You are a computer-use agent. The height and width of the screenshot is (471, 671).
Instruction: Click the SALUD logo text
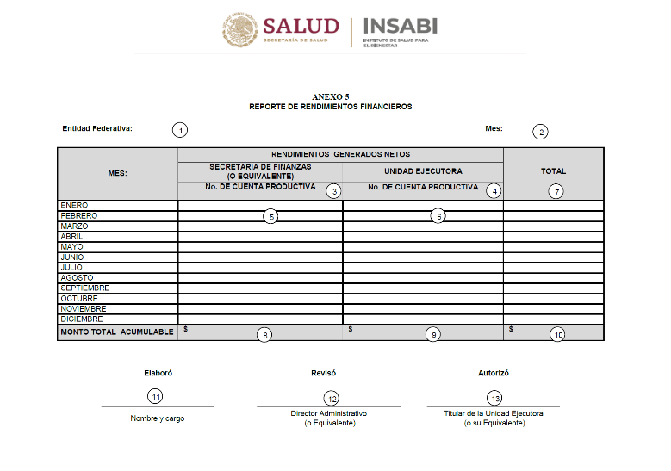click(x=301, y=26)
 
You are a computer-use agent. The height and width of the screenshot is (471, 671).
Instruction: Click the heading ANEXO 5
click(x=331, y=97)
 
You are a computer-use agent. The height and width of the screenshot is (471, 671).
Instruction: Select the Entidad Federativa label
click(x=97, y=128)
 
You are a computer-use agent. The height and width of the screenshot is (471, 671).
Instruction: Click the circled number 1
click(x=179, y=130)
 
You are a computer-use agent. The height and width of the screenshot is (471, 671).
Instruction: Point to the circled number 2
click(x=540, y=132)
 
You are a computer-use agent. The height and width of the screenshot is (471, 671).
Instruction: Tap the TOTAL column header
click(x=553, y=170)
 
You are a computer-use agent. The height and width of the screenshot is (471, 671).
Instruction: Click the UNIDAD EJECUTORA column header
click(x=423, y=170)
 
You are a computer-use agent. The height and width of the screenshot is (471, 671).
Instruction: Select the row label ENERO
click(x=72, y=205)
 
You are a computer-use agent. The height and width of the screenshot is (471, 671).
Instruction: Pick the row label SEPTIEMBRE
click(x=84, y=288)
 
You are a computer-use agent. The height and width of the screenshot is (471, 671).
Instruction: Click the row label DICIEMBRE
click(x=81, y=319)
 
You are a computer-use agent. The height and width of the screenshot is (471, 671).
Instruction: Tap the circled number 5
click(x=270, y=216)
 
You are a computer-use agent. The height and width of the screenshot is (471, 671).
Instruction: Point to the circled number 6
click(x=438, y=216)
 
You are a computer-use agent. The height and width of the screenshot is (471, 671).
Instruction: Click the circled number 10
click(x=557, y=334)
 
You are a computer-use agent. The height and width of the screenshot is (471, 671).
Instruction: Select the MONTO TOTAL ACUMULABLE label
click(x=116, y=332)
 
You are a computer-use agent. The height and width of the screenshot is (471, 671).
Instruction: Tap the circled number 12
click(x=331, y=398)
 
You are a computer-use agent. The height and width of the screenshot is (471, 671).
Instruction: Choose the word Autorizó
click(x=494, y=373)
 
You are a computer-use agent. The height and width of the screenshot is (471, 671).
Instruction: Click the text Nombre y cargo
click(x=157, y=418)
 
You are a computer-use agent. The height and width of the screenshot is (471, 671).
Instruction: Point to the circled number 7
click(x=556, y=191)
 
